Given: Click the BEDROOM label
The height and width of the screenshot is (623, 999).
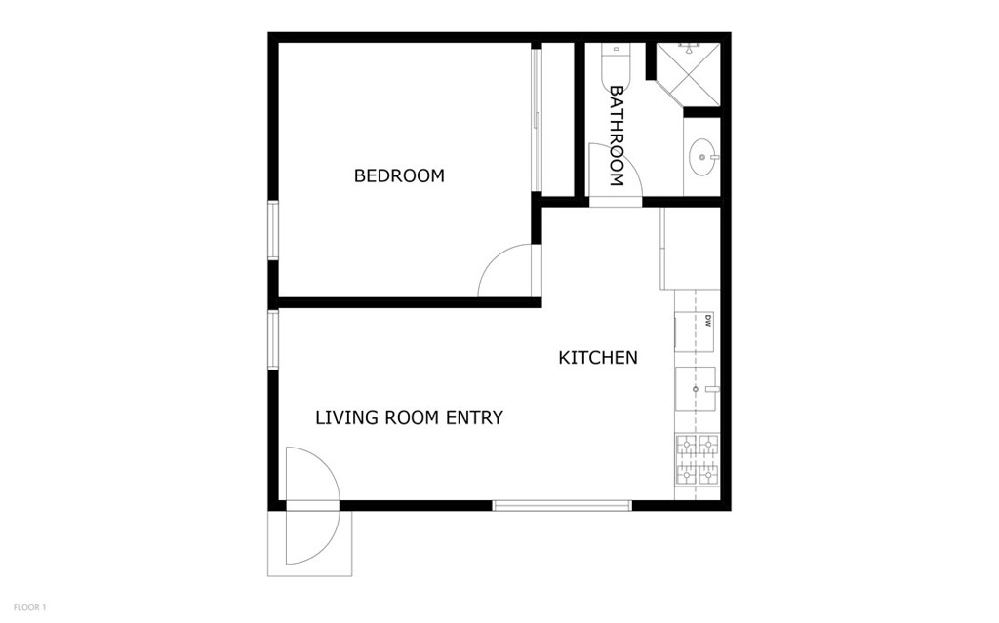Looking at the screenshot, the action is click(399, 175).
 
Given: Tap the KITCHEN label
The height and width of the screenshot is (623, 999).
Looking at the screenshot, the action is click(598, 358).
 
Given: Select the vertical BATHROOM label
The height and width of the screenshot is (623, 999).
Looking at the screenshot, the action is click(617, 136).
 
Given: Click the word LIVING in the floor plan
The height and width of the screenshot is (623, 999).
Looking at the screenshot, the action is click(345, 418).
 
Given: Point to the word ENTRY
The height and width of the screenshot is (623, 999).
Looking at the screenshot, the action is click(474, 418).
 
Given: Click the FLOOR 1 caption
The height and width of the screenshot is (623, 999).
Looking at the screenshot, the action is click(30, 607).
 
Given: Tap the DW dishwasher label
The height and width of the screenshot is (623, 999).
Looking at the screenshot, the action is click(707, 321).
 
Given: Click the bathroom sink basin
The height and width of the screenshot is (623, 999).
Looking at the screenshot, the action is click(701, 156).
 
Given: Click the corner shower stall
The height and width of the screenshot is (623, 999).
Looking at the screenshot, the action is click(692, 72).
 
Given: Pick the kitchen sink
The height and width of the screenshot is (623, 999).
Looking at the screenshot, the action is click(697, 389).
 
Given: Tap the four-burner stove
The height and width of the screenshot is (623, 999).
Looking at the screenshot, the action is click(697, 458).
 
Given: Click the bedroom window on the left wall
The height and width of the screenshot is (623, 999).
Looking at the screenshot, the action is click(273, 230).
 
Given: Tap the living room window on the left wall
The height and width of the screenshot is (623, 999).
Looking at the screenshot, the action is click(273, 339).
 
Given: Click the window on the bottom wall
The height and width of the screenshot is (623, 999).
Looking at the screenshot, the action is click(562, 505).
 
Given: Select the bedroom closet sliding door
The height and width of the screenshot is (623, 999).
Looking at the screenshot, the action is click(536, 119).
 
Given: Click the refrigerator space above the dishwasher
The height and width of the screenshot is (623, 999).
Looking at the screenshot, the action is click(690, 249).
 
